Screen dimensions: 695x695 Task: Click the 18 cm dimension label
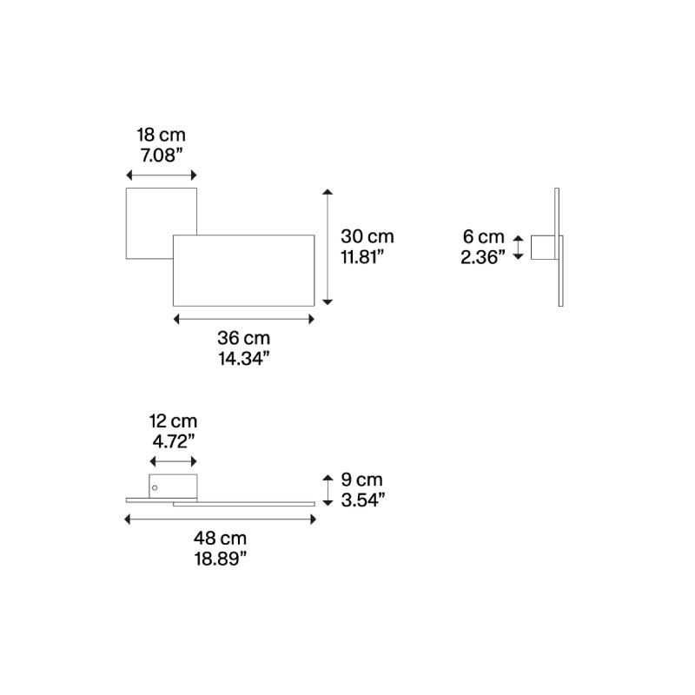click(x=161, y=135)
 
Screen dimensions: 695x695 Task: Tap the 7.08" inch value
click(x=161, y=156)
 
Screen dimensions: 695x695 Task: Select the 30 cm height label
click(x=367, y=236)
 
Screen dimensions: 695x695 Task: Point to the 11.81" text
click(x=362, y=256)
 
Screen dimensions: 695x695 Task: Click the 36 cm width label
click(x=243, y=337)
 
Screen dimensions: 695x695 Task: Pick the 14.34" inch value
click(x=243, y=358)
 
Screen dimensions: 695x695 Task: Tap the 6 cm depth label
click(x=483, y=236)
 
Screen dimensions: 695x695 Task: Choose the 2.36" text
click(x=482, y=256)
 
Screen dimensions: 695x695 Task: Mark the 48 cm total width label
click(x=220, y=538)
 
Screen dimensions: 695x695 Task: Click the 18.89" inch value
click(x=220, y=559)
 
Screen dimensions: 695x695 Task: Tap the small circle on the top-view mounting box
click(x=156, y=489)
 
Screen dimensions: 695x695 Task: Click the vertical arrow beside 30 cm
click(x=328, y=246)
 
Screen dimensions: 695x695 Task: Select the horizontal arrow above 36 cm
click(x=244, y=319)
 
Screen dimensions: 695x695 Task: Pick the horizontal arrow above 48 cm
click(x=220, y=520)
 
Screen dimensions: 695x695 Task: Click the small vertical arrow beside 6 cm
click(x=519, y=247)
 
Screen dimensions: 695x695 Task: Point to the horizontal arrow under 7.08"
click(x=162, y=175)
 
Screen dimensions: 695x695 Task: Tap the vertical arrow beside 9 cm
click(x=328, y=490)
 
